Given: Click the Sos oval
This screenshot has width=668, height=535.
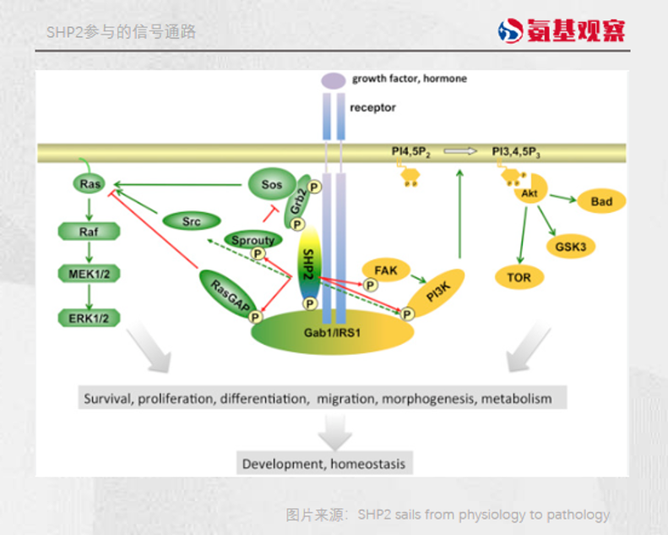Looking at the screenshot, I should click(x=270, y=183).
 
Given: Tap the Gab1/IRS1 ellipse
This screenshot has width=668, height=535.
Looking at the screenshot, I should click(x=333, y=330).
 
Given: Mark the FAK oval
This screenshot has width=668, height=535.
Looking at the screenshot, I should click(x=385, y=270).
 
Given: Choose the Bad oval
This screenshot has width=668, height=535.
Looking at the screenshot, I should click(x=601, y=201).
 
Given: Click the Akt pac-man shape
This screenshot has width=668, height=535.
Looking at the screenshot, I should click(x=530, y=193).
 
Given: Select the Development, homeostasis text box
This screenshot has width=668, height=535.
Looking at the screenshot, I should click(x=323, y=464).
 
